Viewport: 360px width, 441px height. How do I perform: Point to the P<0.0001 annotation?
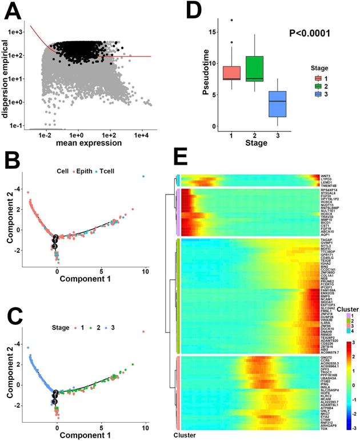[310, 35]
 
